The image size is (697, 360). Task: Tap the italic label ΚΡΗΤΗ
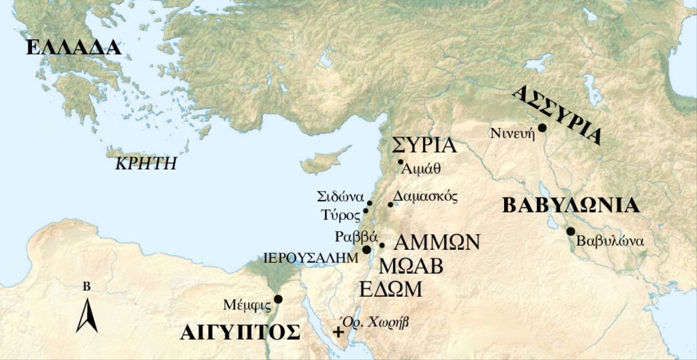146,163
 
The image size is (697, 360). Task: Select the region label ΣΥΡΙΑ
424,145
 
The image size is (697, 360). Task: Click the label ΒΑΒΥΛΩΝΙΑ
571,206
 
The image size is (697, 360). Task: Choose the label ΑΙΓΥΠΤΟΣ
240,333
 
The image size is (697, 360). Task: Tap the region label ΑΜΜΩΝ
437,242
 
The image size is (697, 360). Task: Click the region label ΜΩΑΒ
411,266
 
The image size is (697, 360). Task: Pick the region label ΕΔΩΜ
390,289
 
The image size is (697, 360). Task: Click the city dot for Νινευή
542,128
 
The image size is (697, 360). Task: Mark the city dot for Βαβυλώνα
570,231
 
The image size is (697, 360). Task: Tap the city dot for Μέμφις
278,299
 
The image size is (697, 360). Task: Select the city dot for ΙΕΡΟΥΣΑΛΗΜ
367,249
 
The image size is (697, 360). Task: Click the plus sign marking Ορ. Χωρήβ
338,333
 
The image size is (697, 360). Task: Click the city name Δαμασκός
426,196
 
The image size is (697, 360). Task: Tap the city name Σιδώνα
340,196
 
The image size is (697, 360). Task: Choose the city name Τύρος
341,215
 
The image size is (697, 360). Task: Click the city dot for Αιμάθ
400,162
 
